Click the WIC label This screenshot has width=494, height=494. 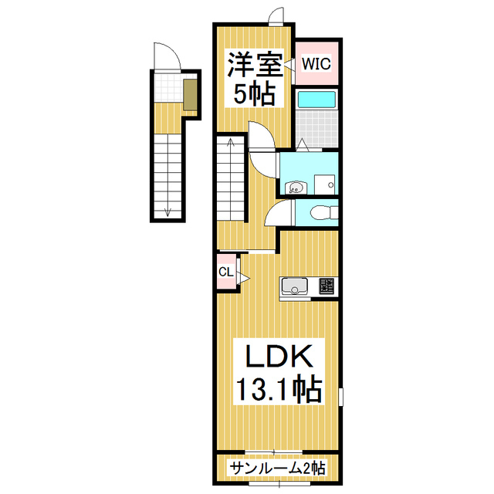[316, 63]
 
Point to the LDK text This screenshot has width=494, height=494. [279, 358]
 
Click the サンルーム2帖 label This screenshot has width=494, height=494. [276, 468]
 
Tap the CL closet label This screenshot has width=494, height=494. [225, 272]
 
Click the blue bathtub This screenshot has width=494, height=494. [316, 100]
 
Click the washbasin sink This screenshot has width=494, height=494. [295, 186]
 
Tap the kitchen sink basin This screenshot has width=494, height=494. [294, 286]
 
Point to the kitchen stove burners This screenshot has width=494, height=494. [324, 288]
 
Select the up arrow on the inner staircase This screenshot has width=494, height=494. [228, 145]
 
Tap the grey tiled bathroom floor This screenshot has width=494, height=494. [316, 128]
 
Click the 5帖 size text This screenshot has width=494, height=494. [254, 95]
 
